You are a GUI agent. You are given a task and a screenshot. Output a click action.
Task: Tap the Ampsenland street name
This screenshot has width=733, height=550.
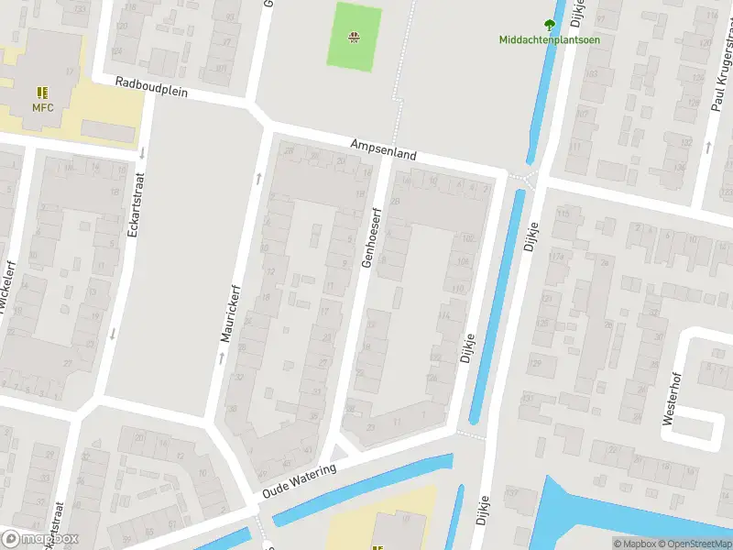[x=383, y=150]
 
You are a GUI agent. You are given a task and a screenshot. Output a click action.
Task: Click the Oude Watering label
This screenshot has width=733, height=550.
[x=298, y=480]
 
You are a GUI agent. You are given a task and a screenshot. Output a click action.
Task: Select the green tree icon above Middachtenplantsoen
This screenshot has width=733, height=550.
[x=550, y=25]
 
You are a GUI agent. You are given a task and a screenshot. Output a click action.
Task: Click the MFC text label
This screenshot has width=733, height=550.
[x=43, y=108]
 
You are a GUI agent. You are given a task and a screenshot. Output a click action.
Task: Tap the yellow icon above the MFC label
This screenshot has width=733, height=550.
[x=42, y=93]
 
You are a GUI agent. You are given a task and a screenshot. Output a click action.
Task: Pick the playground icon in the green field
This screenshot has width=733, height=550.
[x=354, y=38]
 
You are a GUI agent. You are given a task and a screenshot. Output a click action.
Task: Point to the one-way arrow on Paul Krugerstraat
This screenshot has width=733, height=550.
[x=710, y=145]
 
